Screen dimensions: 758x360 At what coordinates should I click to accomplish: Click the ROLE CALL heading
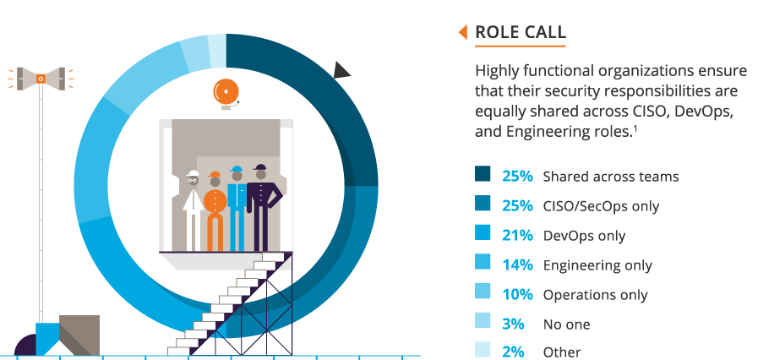click(x=521, y=32)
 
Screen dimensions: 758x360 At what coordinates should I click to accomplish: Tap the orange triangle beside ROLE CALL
click(x=462, y=32)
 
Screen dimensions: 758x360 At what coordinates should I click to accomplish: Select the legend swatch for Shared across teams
click(x=483, y=173)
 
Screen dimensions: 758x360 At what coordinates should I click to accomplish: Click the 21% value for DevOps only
click(x=517, y=236)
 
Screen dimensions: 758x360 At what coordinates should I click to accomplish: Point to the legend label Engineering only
click(x=597, y=265)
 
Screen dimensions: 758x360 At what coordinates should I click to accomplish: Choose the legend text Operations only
click(x=595, y=295)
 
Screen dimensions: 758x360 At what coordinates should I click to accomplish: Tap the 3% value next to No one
click(x=513, y=324)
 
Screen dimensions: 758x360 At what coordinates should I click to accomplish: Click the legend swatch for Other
click(x=483, y=350)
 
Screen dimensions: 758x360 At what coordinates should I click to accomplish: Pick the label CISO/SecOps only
click(x=601, y=206)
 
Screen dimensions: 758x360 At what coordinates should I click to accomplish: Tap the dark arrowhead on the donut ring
click(x=341, y=70)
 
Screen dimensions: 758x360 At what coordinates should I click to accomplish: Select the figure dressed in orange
click(x=215, y=211)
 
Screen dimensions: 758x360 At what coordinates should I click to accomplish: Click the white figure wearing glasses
click(x=193, y=210)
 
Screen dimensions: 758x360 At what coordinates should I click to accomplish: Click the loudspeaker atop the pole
click(x=41, y=79)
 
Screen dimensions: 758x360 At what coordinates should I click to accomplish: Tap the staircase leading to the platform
click(x=231, y=303)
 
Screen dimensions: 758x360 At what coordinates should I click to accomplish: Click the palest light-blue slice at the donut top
click(x=217, y=52)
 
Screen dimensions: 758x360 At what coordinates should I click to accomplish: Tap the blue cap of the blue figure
click(x=237, y=169)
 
